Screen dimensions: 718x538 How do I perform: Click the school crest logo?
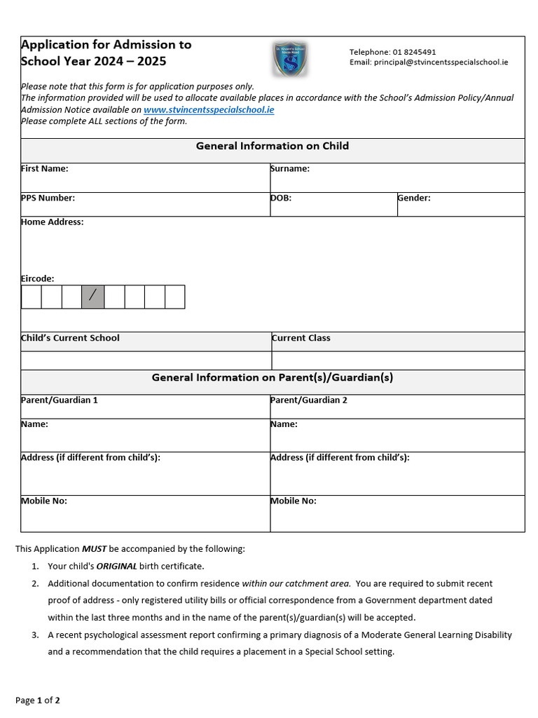click(289, 59)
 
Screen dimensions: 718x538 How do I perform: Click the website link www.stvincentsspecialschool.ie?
click(209, 110)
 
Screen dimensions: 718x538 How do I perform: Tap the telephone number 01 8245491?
click(414, 52)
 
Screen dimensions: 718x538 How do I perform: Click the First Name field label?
click(45, 169)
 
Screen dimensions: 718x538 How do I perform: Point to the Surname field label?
click(290, 169)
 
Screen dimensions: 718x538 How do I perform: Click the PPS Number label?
click(48, 198)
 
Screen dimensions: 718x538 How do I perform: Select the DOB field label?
click(281, 198)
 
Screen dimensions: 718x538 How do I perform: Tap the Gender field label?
click(414, 198)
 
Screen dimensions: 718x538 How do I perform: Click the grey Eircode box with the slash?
click(92, 297)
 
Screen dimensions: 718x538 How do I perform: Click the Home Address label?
click(53, 222)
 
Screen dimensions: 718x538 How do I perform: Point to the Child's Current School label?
click(70, 338)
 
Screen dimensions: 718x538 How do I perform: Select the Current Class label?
click(301, 338)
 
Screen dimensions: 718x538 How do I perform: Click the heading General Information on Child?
click(272, 147)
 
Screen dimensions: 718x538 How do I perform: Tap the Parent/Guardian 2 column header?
click(309, 400)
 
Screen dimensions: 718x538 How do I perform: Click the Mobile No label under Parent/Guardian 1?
click(44, 501)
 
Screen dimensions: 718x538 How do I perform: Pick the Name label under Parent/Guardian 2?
click(284, 424)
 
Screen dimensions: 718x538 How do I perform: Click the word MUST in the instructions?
click(95, 549)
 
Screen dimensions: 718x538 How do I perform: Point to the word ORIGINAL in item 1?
click(116, 567)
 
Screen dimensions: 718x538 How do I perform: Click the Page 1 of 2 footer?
click(38, 700)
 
